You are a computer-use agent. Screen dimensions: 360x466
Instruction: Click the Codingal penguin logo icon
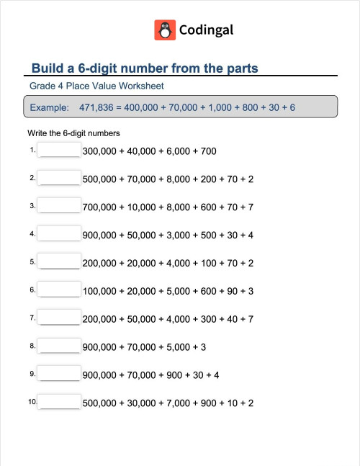coord(165,30)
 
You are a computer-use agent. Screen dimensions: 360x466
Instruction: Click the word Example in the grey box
coord(49,108)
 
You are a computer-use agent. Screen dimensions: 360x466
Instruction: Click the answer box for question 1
coord(60,151)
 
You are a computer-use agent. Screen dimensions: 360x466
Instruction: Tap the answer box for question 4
coord(60,235)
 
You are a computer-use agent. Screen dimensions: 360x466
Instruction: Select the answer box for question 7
coord(60,318)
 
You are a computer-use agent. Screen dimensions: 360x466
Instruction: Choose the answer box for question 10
coord(60,403)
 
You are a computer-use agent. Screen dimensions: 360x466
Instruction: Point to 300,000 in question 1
coord(102,151)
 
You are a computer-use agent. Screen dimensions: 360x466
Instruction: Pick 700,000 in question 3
coord(102,207)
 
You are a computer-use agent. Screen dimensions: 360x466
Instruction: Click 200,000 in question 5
coord(102,264)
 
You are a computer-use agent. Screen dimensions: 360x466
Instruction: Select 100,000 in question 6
coord(102,291)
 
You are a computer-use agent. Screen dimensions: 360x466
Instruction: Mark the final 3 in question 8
coord(204,347)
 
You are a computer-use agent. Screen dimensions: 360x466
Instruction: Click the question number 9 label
coord(32,374)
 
